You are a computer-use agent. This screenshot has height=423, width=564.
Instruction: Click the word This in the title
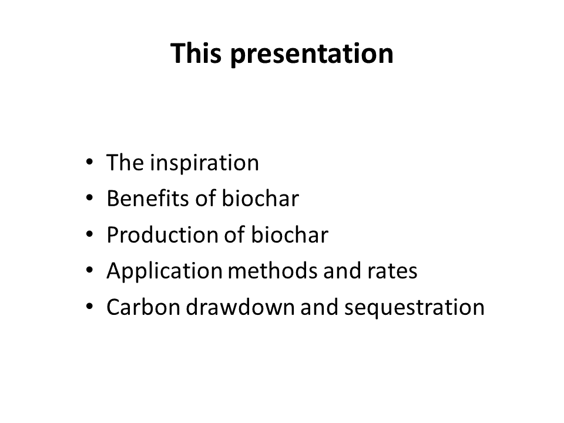(x=196, y=53)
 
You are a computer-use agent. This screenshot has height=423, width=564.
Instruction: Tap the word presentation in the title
(x=312, y=55)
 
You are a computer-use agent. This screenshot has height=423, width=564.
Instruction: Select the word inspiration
(x=204, y=163)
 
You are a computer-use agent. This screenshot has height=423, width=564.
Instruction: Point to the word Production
(x=163, y=234)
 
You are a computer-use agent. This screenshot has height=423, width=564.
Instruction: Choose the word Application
(x=164, y=271)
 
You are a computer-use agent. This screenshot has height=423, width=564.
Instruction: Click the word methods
(x=273, y=270)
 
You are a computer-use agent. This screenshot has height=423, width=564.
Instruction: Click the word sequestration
(x=415, y=308)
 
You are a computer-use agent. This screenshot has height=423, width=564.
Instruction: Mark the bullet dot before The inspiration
(x=89, y=162)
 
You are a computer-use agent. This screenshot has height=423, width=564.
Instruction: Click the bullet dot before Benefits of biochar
(x=89, y=198)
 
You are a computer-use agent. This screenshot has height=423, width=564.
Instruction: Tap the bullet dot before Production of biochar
(x=89, y=234)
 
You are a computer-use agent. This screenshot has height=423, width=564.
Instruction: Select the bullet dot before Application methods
(x=89, y=270)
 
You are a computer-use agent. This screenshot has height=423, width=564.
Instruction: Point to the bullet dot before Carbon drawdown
(x=89, y=307)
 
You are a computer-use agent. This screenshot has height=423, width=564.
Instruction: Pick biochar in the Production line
(x=290, y=234)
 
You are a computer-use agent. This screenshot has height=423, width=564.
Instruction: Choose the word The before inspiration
(x=125, y=163)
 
